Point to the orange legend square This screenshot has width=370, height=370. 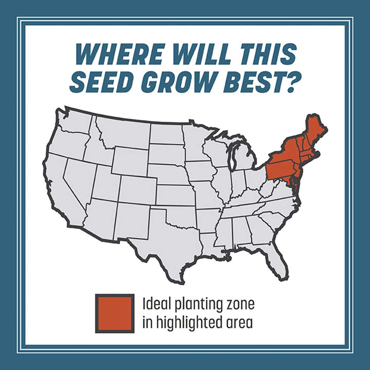(115, 313)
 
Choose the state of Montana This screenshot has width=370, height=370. (122, 133)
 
